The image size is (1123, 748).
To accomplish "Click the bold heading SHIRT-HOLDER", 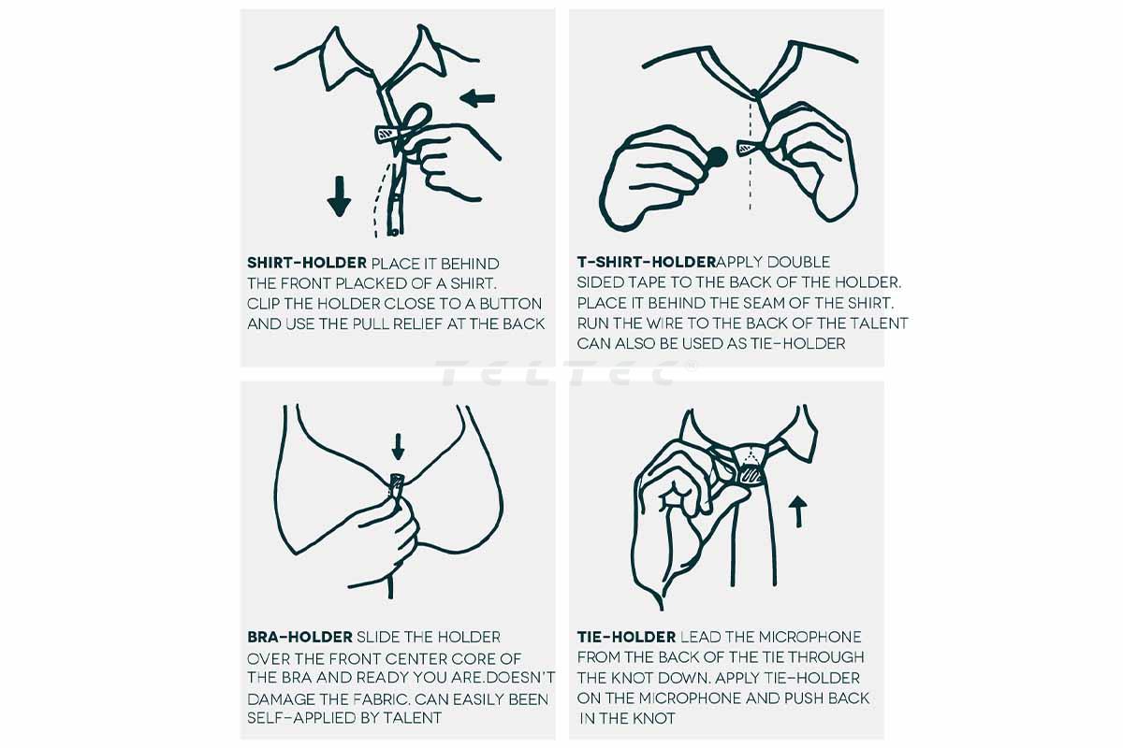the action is (307, 263).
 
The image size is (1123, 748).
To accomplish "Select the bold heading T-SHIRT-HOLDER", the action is (647, 262).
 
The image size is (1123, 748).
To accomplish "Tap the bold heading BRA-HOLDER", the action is (299, 637).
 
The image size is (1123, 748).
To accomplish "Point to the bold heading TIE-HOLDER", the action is (626, 637).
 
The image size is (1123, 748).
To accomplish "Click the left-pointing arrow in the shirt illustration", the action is (478, 98).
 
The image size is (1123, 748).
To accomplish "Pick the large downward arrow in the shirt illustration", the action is (339, 196).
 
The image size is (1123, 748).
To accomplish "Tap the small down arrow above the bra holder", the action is (398, 447).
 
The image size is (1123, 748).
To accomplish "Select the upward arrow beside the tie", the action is (798, 511).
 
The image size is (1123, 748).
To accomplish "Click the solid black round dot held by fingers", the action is (717, 157).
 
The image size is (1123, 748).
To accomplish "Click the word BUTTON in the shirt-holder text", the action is (510, 304).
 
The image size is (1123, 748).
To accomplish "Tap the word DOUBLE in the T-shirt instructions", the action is (798, 262).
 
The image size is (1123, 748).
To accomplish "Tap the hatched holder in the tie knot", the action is (750, 474).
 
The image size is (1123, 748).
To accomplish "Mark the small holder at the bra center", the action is (397, 484).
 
